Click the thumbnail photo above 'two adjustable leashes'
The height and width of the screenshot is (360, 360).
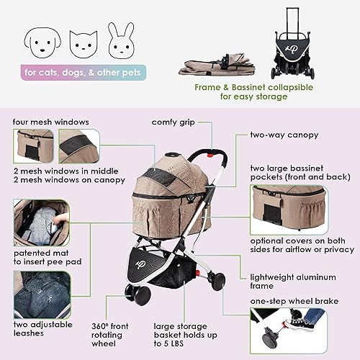tap(43, 294)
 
